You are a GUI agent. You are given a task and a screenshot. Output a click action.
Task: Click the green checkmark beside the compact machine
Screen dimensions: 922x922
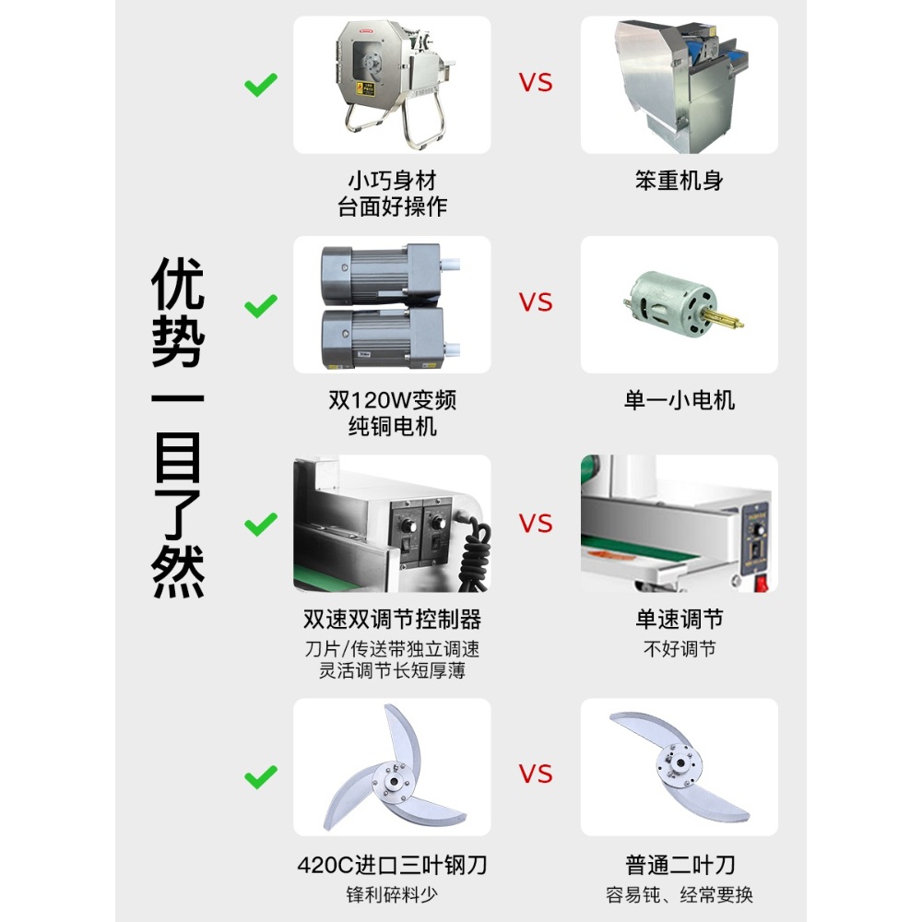261,85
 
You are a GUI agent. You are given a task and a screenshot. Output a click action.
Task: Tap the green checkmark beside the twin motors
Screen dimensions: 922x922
261,305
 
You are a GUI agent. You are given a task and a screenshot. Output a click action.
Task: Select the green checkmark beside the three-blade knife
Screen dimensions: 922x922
261,776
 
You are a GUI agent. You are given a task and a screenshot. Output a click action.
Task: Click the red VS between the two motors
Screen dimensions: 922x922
536,302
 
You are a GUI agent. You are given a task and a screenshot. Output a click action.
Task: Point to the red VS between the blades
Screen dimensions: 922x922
536,774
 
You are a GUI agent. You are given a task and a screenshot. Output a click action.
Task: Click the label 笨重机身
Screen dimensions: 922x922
680,181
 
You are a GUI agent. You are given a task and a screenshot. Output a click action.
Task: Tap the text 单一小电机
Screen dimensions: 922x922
680,400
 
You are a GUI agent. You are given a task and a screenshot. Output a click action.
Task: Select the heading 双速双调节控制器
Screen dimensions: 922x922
392,620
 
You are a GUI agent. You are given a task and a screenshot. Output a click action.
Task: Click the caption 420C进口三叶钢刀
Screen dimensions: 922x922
392,865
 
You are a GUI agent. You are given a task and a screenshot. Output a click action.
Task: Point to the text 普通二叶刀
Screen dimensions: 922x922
680,865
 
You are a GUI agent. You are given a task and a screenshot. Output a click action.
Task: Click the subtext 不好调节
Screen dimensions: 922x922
680,649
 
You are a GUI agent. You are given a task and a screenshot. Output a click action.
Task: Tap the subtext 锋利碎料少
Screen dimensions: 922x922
392,895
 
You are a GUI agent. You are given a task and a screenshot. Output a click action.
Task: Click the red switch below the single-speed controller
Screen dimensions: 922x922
762,585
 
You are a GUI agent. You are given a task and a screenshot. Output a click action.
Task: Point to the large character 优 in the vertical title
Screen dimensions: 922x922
178,284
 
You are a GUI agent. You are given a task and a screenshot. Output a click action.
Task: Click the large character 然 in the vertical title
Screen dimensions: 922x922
178,572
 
